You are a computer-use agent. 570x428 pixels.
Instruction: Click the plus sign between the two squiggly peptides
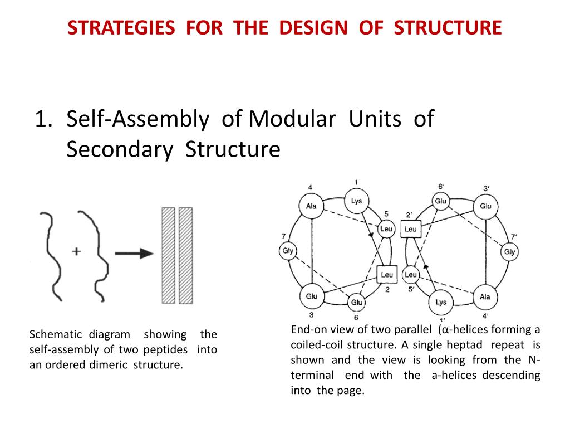point(76,251)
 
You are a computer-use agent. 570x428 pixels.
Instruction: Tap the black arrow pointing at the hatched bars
point(135,254)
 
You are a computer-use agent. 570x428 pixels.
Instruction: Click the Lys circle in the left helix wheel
point(356,201)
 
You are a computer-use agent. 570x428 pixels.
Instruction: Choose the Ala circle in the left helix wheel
point(311,206)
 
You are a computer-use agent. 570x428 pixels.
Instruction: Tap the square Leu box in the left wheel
point(386,274)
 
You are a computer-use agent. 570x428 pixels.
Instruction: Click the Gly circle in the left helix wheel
point(287,251)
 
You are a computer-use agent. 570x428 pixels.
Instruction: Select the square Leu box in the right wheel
point(410,229)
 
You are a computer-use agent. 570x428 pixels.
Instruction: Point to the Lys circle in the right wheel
point(441,302)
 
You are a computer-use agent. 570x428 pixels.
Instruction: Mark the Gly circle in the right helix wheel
point(510,252)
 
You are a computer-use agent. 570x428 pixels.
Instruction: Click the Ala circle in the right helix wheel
point(485,297)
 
